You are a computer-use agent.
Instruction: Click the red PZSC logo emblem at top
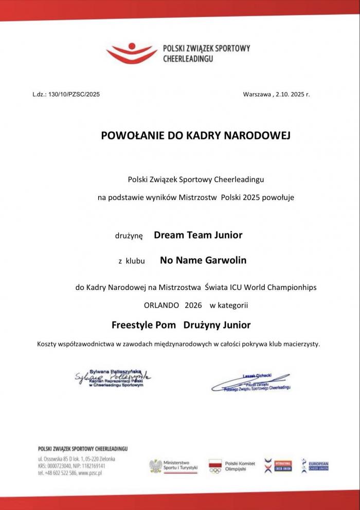(132, 52)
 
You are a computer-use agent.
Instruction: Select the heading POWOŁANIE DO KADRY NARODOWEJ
(196, 136)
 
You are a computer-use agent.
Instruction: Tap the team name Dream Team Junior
(198, 235)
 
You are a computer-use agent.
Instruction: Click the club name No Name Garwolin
(203, 260)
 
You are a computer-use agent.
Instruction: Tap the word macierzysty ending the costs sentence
(300, 343)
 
